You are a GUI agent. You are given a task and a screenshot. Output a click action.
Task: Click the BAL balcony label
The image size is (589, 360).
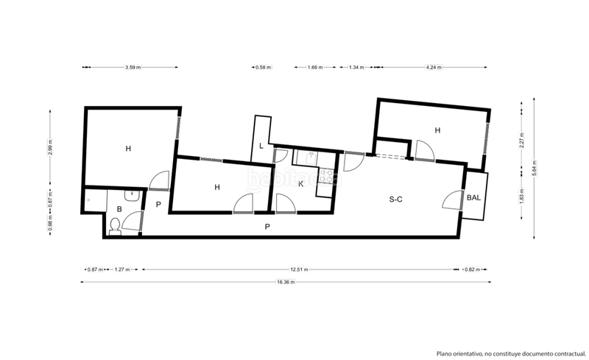(x=474, y=197)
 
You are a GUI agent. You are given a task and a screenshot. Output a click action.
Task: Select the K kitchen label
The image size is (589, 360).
(x=300, y=183)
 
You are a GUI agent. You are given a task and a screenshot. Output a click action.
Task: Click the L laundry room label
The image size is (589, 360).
(x=261, y=145)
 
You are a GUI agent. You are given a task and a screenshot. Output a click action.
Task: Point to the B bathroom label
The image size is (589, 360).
(x=119, y=209)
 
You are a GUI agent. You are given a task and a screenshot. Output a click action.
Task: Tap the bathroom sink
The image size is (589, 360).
(x=130, y=196)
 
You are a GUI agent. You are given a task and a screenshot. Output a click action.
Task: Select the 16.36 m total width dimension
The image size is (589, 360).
(x=286, y=282)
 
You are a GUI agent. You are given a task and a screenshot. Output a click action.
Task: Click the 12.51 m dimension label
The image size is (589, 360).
(x=299, y=269)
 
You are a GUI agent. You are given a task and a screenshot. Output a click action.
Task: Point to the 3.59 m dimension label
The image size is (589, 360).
(x=133, y=68)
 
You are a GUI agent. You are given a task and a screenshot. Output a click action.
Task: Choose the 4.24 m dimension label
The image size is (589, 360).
(x=434, y=68)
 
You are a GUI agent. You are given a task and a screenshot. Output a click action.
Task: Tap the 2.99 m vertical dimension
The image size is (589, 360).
(x=51, y=148)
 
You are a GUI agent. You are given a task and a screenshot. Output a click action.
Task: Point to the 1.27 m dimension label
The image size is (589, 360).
(x=122, y=269)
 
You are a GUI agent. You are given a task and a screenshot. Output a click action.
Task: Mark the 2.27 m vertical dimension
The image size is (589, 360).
(x=521, y=144)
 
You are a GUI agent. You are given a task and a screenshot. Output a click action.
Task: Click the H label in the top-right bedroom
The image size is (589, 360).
(x=437, y=130)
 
